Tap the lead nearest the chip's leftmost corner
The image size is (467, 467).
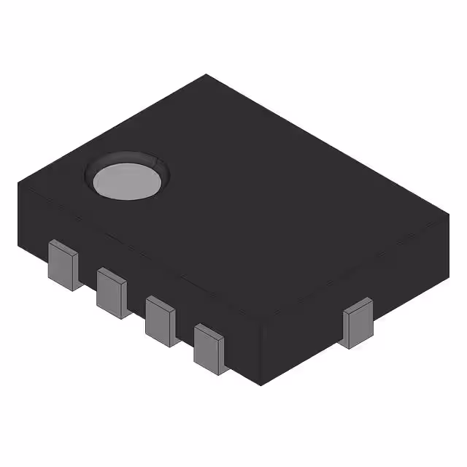click(63, 265)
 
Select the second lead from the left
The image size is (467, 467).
click(112, 291)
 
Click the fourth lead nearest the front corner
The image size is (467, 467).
click(211, 348)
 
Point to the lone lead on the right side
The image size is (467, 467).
click(358, 323)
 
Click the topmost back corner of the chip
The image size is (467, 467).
click(206, 74)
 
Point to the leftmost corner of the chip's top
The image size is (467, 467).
click(18, 185)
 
